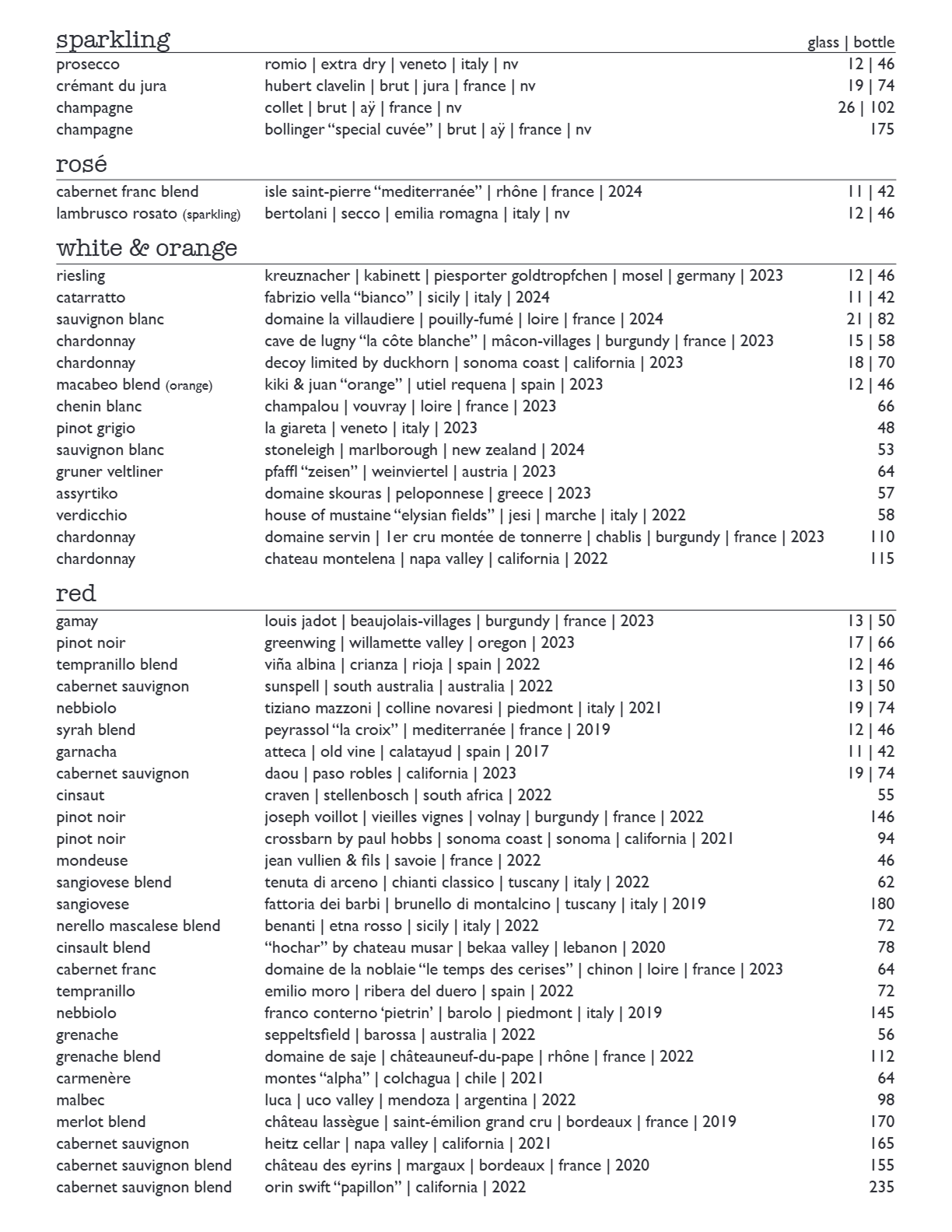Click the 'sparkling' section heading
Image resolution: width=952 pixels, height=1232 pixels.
[113, 39]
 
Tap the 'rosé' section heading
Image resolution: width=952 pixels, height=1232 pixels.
[81, 165]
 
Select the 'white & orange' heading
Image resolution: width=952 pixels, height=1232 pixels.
[146, 249]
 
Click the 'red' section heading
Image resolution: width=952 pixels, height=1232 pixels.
[75, 594]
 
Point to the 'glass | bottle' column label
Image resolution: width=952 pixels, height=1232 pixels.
[851, 43]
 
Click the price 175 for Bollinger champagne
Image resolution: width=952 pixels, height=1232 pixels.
[882, 130]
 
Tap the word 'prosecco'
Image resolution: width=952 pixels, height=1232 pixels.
[88, 65]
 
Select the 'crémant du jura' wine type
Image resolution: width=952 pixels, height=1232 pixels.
[111, 86]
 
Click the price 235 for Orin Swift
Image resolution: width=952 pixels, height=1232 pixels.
[881, 1188]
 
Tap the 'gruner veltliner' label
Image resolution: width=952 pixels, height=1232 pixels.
[109, 472]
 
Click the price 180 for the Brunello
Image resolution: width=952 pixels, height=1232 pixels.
[882, 905]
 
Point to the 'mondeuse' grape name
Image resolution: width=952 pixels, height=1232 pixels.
[92, 861]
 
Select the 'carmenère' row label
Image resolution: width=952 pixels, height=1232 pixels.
[93, 1079]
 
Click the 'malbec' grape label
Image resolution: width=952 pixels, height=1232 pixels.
[80, 1101]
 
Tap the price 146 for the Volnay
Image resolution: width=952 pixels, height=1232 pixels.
[882, 817]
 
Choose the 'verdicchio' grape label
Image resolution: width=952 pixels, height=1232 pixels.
[91, 516]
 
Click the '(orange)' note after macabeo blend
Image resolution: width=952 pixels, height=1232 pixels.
[188, 386]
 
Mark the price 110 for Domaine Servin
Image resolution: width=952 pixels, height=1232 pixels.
[882, 537]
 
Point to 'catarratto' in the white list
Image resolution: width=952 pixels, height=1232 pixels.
[90, 298]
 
